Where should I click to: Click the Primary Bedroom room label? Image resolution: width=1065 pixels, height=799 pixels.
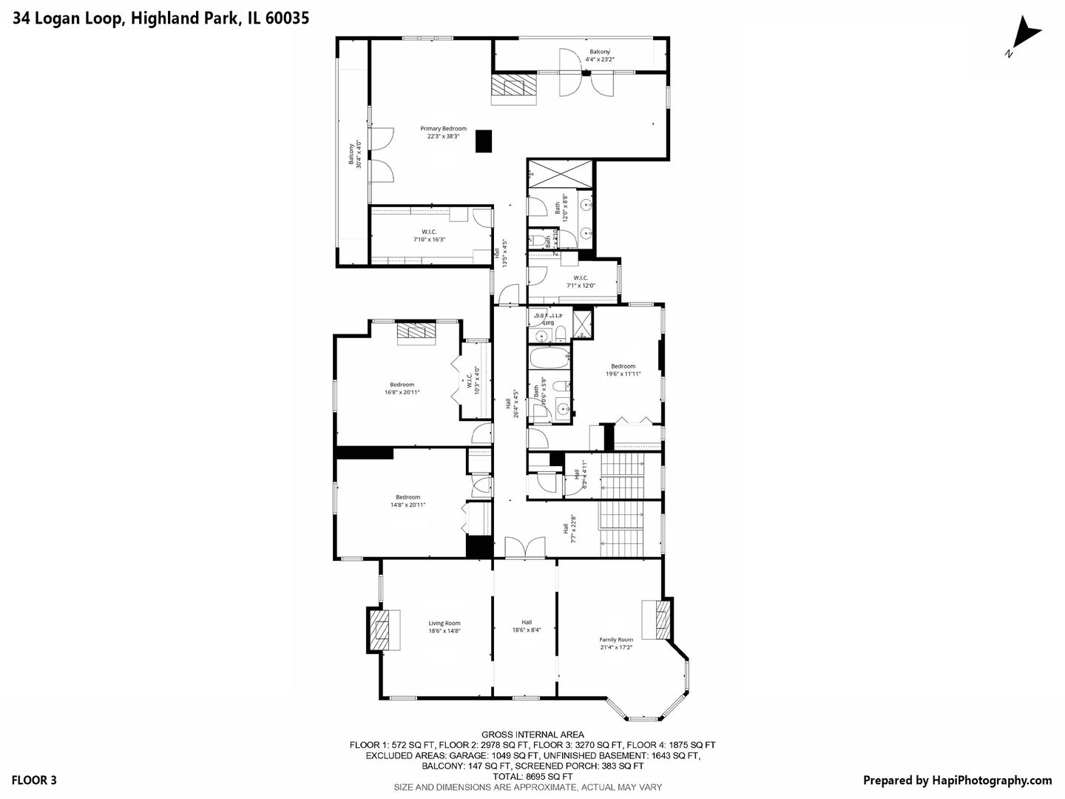(x=443, y=132)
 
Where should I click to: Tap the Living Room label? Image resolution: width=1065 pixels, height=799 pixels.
(x=444, y=627)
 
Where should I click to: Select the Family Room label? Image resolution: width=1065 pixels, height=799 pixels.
(x=616, y=643)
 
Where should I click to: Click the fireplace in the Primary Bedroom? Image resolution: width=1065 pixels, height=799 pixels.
(x=515, y=90)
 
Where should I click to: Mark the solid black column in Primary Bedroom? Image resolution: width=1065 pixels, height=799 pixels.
(x=484, y=141)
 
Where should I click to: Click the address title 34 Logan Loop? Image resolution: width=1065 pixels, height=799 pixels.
(x=160, y=18)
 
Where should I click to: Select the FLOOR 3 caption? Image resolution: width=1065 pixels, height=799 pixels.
(x=34, y=780)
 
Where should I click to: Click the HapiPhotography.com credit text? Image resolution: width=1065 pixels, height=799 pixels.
(x=957, y=780)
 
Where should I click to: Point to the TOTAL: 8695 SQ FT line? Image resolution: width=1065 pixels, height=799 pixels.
(x=532, y=777)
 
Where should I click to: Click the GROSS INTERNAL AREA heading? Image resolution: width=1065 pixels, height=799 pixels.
(x=532, y=735)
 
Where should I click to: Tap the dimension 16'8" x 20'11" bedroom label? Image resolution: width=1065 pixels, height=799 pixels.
(x=402, y=388)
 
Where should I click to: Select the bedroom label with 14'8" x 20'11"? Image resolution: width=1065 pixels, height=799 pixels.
(x=408, y=501)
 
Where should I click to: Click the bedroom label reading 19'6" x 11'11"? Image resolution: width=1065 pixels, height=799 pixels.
(x=623, y=370)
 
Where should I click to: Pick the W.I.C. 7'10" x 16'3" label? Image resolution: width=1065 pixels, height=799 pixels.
(x=429, y=235)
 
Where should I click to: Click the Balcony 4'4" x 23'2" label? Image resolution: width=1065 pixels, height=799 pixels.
(x=599, y=55)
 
